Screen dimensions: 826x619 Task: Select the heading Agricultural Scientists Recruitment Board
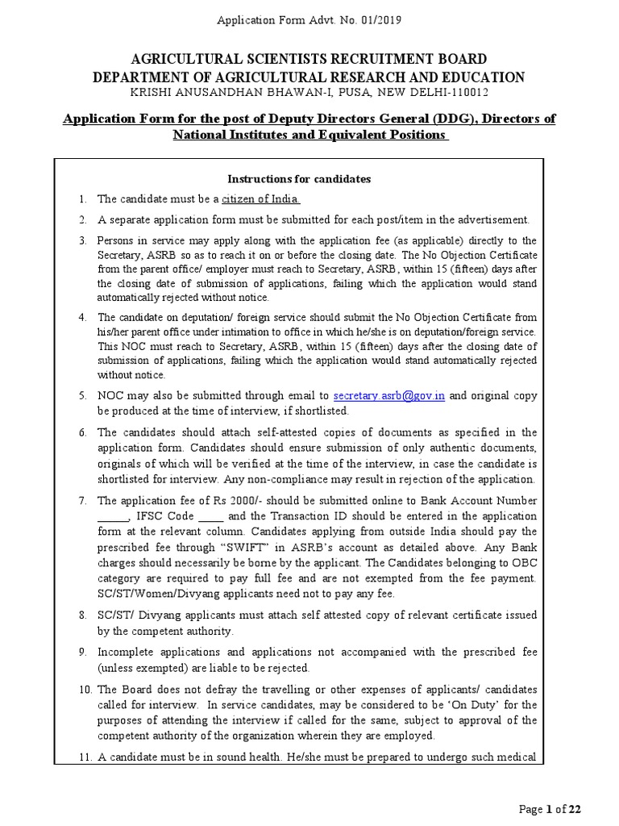309,59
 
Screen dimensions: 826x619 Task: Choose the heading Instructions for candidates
299,178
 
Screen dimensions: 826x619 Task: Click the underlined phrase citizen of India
261,198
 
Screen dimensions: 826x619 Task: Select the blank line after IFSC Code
210,516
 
